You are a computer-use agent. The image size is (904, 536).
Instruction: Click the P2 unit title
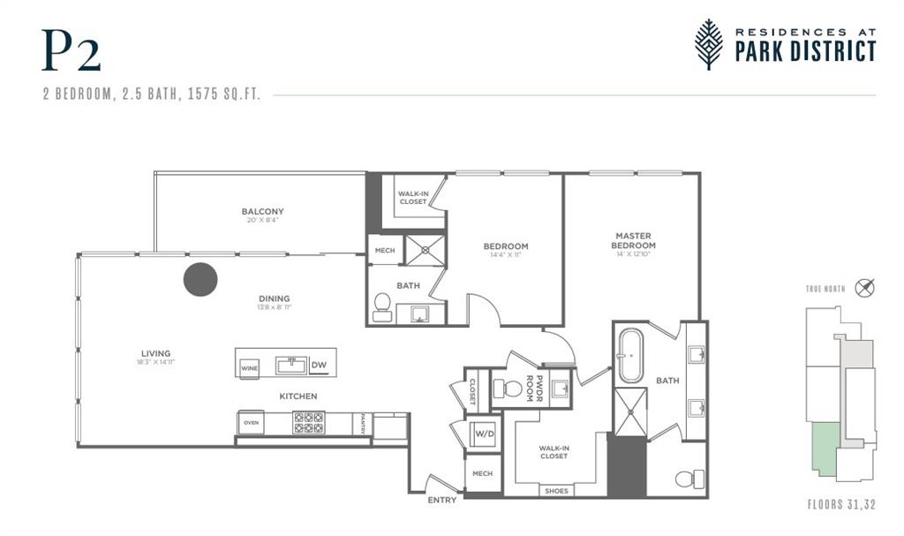point(71,51)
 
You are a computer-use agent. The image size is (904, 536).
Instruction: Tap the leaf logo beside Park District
point(708,43)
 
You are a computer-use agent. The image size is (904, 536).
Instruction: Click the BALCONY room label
point(262,211)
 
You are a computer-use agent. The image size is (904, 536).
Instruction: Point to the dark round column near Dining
point(200,279)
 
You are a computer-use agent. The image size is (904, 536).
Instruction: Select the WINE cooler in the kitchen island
point(249,367)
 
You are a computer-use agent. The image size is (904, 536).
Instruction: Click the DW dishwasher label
point(319,364)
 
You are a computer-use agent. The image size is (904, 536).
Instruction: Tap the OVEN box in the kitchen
point(252,423)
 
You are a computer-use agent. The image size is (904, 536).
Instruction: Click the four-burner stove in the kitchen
point(308,422)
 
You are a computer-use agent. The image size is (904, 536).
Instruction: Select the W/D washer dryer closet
point(484,434)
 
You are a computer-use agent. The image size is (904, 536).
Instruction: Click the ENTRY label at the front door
point(442,500)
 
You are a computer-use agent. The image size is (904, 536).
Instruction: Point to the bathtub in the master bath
point(630,355)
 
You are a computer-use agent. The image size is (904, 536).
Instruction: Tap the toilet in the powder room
point(509,388)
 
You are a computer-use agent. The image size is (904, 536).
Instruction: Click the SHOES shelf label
point(557,491)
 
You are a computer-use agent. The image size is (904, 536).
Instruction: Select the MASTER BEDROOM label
point(633,240)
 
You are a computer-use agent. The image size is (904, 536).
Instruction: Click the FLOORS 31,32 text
point(841,506)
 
